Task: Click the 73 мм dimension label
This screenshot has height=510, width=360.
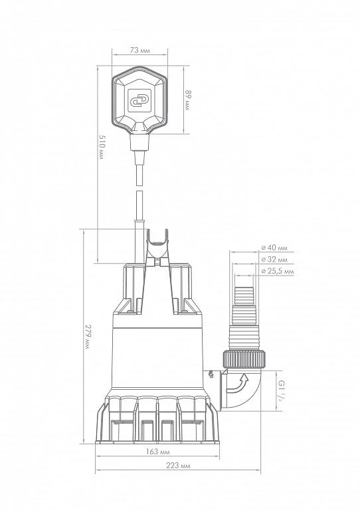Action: [x=139, y=50]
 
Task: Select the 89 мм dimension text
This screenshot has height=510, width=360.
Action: [x=187, y=100]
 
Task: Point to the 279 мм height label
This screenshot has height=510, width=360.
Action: [x=87, y=337]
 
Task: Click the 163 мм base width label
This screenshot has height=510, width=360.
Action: [x=157, y=452]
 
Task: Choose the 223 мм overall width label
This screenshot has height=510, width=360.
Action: [x=178, y=466]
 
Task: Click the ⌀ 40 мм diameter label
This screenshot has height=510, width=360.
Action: [x=275, y=248]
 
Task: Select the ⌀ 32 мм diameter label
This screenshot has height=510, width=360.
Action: [x=275, y=259]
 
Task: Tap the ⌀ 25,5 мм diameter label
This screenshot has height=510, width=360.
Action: [x=278, y=271]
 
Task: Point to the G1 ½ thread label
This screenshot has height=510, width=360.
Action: [x=280, y=390]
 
